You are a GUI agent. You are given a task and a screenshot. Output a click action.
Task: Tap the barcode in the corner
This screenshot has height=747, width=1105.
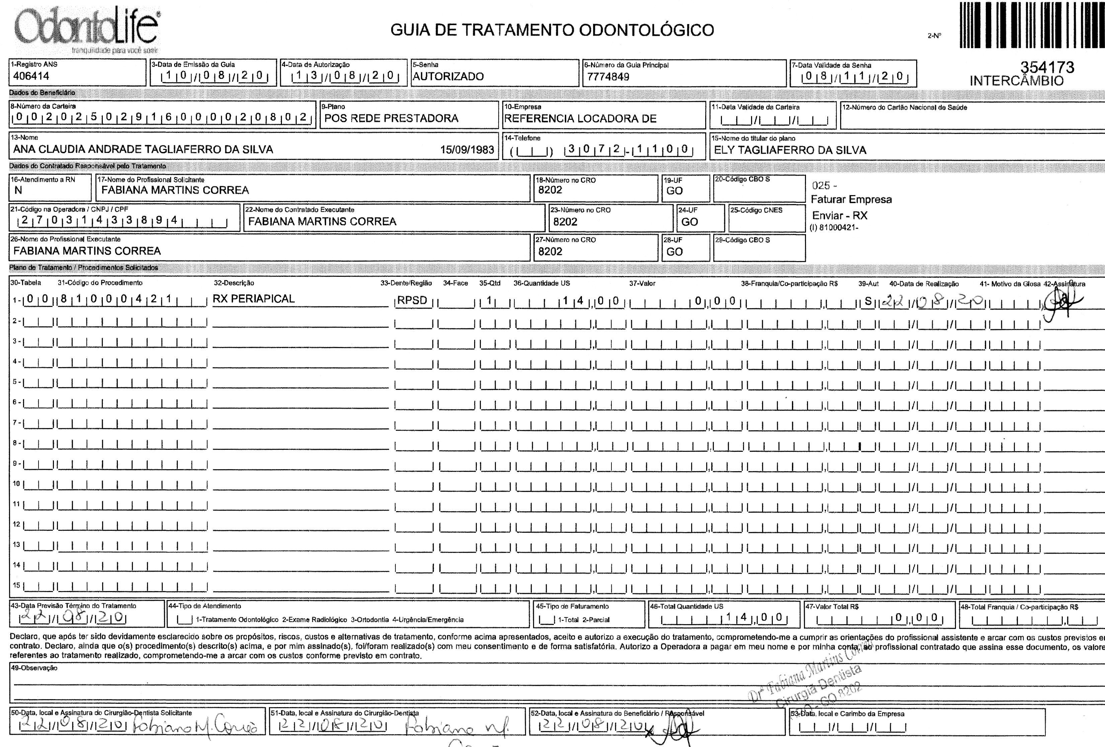point(1032,25)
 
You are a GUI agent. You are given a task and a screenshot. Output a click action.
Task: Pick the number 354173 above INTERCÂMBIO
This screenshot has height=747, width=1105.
point(1046,67)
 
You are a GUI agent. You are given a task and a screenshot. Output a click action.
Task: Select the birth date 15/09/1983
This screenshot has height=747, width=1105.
point(467,150)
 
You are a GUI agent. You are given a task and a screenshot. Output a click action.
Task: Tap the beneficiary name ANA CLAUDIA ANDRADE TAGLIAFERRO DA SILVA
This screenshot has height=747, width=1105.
point(143,150)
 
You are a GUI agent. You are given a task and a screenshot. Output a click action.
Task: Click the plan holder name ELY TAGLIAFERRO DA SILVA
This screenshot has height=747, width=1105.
point(790,150)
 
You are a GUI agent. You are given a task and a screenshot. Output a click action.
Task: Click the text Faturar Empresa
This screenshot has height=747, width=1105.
point(851,199)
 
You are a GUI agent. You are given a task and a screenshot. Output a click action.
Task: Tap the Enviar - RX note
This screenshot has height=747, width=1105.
point(840,215)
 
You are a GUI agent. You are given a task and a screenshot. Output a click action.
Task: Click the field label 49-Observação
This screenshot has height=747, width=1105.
point(34,668)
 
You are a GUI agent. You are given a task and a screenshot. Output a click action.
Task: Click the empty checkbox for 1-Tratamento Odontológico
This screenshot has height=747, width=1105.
point(185,619)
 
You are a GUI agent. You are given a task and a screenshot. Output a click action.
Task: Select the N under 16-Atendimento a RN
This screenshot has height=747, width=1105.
point(18,190)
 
